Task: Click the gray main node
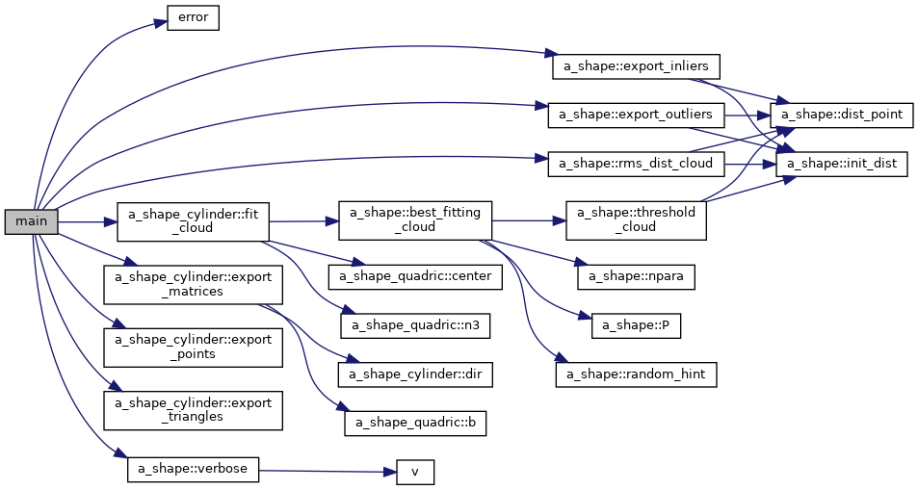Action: [x=32, y=221]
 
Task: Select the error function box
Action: [x=194, y=18]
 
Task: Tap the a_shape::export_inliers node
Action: [x=636, y=66]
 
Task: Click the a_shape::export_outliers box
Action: [x=636, y=115]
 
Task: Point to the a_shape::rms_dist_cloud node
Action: [x=636, y=164]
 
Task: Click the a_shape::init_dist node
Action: [x=843, y=164]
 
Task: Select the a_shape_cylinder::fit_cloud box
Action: [x=193, y=221]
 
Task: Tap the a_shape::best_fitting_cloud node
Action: [x=414, y=221]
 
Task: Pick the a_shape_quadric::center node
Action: [x=414, y=277]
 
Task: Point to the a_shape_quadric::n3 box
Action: [x=415, y=325]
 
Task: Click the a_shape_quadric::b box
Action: [x=415, y=423]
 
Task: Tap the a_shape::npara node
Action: [x=636, y=276]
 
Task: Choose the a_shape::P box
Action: [x=637, y=325]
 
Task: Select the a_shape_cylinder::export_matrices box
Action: [x=194, y=284]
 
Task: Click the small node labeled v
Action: [x=415, y=472]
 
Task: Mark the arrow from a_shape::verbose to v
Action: [x=328, y=471]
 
